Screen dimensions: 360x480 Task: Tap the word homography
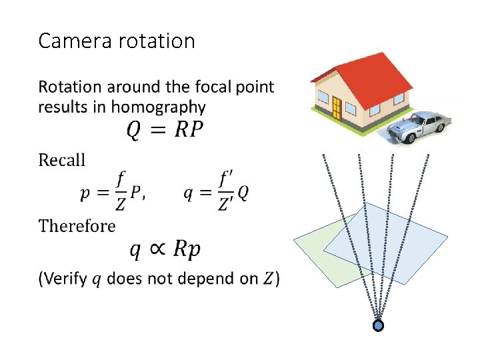(x=159, y=107)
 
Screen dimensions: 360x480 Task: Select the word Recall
(x=62, y=160)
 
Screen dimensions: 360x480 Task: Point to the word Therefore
(x=77, y=226)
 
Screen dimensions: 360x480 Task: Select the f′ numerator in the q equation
(x=226, y=178)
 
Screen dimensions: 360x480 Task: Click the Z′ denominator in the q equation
(x=226, y=204)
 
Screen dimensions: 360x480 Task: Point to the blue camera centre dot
(x=378, y=326)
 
